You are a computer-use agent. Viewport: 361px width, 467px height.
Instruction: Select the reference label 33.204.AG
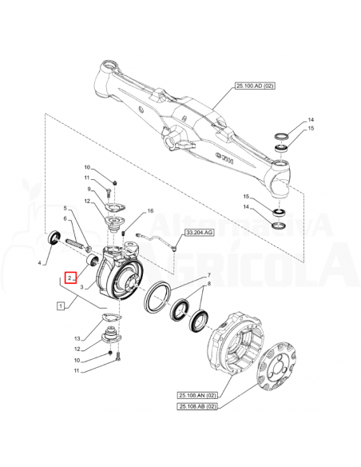[200, 232]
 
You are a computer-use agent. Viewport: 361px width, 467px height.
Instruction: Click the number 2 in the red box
[71, 278]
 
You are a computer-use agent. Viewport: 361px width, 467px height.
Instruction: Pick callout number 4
[38, 263]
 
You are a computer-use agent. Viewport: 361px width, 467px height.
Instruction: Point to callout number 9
[89, 189]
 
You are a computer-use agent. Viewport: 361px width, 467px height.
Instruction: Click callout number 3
[82, 298]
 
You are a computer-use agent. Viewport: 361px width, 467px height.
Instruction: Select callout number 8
[209, 284]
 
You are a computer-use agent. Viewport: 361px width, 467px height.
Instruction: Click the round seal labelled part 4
[55, 237]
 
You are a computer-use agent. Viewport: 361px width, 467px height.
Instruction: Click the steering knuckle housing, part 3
[120, 276]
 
